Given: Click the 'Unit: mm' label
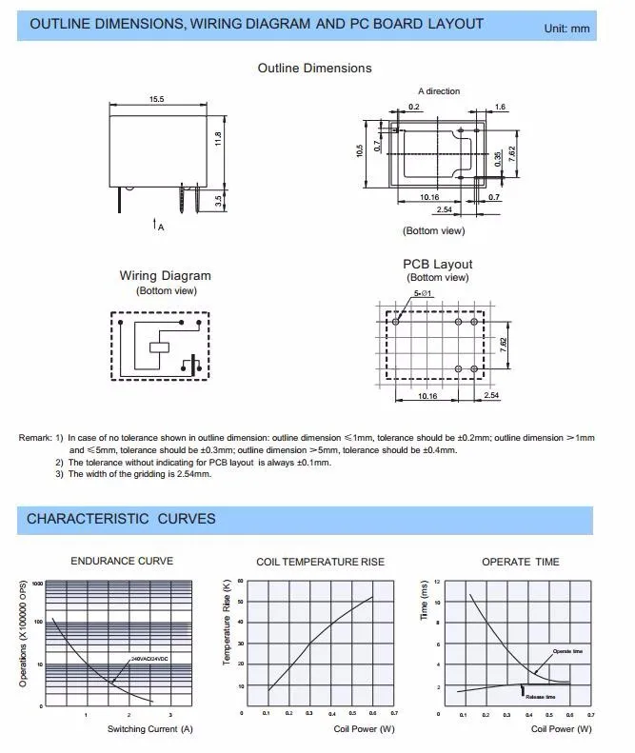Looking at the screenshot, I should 566,30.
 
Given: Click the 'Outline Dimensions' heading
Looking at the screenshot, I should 314,69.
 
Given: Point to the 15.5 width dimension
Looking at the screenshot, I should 156,100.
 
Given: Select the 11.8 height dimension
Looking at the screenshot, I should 218,139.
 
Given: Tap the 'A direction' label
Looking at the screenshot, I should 438,91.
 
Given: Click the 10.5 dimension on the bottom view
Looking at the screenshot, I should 361,150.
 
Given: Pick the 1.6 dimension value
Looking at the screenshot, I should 501,107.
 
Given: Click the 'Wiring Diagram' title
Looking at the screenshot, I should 165,276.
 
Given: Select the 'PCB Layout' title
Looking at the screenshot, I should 437,264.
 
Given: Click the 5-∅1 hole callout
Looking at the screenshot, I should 423,294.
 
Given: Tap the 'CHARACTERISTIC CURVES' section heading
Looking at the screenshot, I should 121,519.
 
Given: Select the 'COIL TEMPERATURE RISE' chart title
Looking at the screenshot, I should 321,562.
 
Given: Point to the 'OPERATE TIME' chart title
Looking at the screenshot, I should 520,562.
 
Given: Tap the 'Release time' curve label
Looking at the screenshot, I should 540,697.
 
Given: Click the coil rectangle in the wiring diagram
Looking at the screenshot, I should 160,347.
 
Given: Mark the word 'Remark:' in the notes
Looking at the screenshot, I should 34,438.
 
